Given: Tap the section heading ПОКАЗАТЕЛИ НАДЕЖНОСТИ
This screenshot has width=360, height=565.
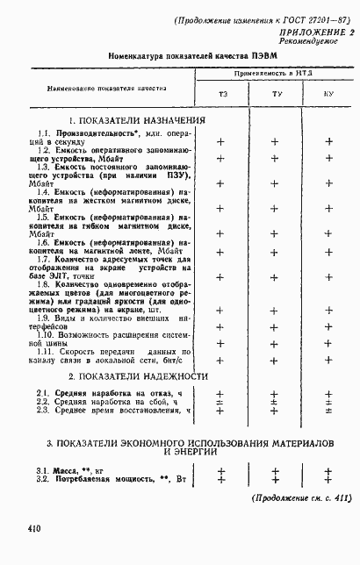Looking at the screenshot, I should pos(138,375).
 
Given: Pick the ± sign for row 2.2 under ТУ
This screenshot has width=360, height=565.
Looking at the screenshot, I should pos(275,402).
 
